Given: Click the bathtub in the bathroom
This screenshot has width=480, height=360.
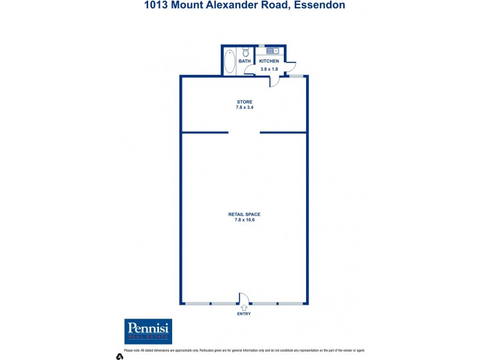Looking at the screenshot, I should pos(230,61).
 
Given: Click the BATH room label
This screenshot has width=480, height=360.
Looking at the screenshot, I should pos(245,61).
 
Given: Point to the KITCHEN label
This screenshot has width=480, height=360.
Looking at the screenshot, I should pos(269,61).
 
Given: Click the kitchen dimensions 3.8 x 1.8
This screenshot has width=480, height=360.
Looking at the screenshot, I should pos(269,69).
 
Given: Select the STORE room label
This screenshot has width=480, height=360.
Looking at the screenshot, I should pos(244,102).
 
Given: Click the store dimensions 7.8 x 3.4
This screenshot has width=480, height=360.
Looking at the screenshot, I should pos(244,107).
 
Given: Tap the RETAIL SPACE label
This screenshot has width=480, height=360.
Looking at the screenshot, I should pos(244,214).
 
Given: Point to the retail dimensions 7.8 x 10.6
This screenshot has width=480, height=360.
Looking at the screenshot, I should pos(244,220).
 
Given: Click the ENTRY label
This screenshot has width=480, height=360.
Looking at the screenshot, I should pos(244,314).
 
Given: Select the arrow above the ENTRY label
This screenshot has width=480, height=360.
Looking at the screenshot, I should pos(244,308).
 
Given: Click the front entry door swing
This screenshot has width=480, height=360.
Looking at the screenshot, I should pos(244,298).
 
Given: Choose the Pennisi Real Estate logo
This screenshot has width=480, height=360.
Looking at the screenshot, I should pos(148,331).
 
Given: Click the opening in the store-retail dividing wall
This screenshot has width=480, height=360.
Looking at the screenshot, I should pos(244,132).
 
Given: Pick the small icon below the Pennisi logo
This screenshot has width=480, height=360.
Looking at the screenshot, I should pos(119,356).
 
